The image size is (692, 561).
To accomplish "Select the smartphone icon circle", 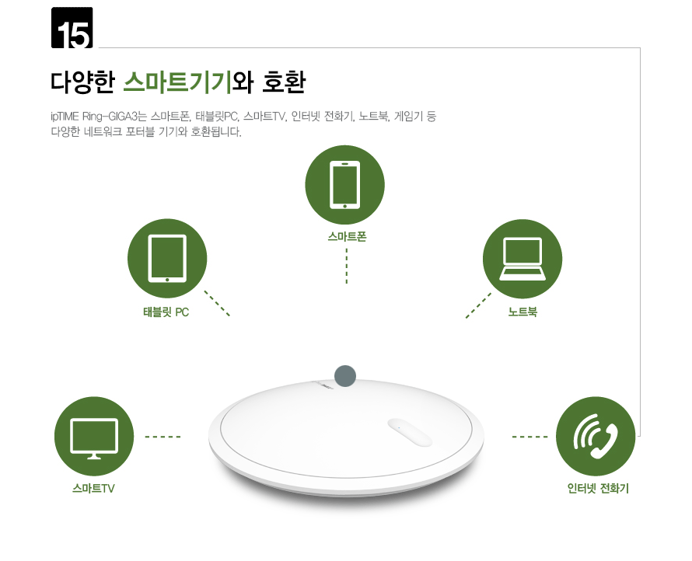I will point(345,185).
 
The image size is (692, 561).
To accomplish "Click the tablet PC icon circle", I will point(167,259).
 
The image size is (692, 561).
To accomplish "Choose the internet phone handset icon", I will point(596,437).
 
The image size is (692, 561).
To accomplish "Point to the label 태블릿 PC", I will point(166,312).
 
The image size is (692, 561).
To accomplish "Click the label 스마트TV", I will point(94,489).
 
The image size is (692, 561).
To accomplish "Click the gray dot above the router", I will point(345,376).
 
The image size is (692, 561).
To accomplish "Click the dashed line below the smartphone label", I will point(346,266).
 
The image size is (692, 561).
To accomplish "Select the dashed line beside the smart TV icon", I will point(163,437).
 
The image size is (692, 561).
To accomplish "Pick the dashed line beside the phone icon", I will point(529,437).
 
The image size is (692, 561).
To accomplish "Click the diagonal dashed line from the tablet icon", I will point(217,303).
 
